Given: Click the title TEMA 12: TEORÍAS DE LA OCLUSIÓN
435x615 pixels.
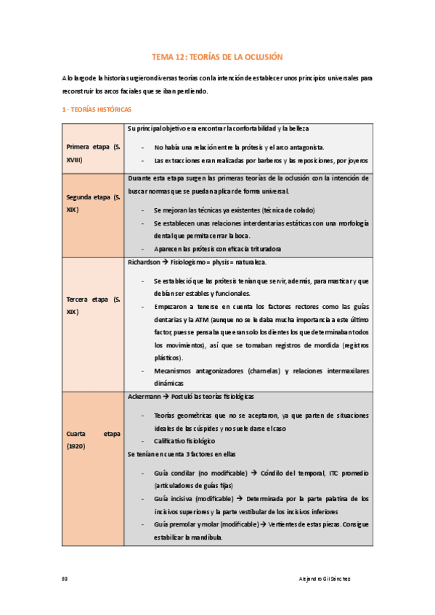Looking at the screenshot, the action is click(x=216, y=56).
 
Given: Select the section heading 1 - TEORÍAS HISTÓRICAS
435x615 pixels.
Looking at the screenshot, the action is click(x=97, y=110).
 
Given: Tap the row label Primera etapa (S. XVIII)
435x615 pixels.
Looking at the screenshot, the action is click(x=94, y=153).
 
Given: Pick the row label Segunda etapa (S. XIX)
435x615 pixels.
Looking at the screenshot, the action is click(x=94, y=203).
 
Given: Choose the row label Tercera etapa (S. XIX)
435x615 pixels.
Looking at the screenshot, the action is click(x=94, y=305).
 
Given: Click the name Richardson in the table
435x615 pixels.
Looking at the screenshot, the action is click(x=144, y=262).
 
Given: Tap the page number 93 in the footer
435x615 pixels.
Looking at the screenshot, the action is click(x=65, y=578).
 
